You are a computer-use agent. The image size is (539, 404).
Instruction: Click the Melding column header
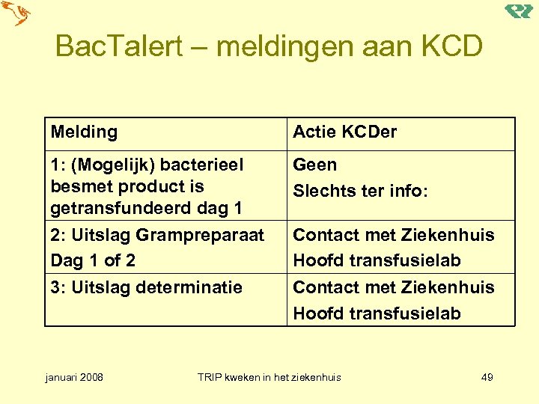pyautogui.click(x=84, y=132)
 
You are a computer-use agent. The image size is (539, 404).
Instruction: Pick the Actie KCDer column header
pyautogui.click(x=344, y=132)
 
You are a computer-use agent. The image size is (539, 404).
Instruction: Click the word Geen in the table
pyautogui.click(x=314, y=165)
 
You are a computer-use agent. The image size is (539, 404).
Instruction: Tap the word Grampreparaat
pyautogui.click(x=200, y=235)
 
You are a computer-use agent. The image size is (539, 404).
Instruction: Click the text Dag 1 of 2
pyautogui.click(x=92, y=260)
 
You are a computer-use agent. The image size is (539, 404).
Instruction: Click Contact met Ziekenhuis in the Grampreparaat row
pyautogui.click(x=393, y=235)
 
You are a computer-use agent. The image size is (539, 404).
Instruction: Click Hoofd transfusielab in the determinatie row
pyautogui.click(x=377, y=313)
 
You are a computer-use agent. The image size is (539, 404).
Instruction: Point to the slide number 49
pyautogui.click(x=487, y=377)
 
